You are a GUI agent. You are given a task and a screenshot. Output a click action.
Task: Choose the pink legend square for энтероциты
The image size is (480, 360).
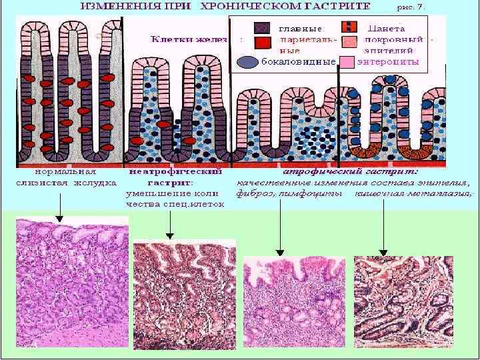(349, 63)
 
